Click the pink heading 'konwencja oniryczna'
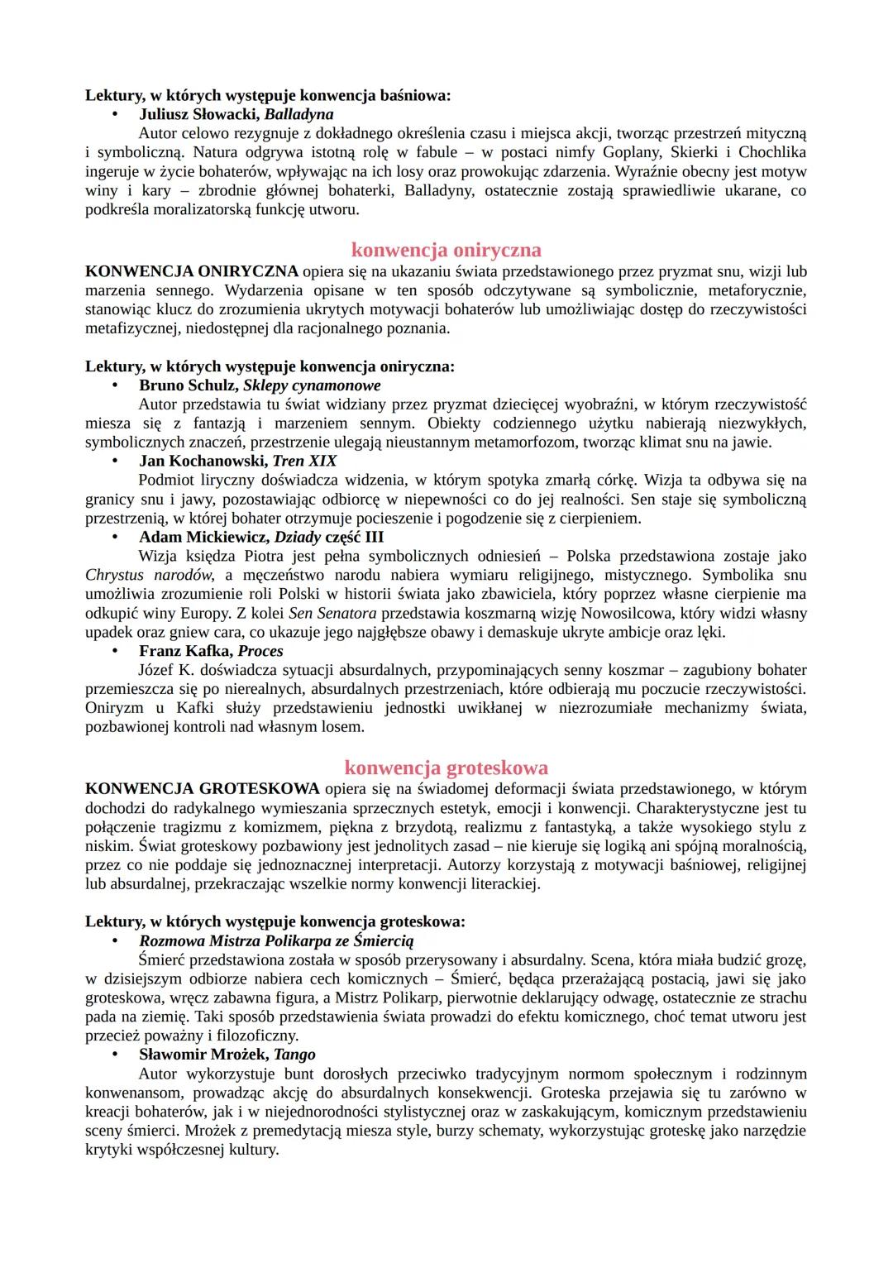pyautogui.click(x=446, y=250)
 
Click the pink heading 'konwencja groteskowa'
pyautogui.click(x=446, y=768)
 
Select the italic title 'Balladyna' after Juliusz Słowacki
pyautogui.click(x=298, y=114)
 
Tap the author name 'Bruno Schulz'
pyautogui.click(x=188, y=385)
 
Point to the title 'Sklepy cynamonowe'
pyautogui.click(x=312, y=385)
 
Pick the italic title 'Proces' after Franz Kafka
pyautogui.click(x=260, y=651)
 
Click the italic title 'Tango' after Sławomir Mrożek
pyautogui.click(x=294, y=1055)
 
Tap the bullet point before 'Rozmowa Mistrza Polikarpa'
pyautogui.click(x=117, y=941)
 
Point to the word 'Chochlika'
pyautogui.click(x=771, y=152)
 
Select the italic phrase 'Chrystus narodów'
pyautogui.click(x=149, y=575)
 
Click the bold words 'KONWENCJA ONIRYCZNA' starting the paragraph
pyautogui.click(x=192, y=271)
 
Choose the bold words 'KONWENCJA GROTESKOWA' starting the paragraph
pyautogui.click(x=203, y=788)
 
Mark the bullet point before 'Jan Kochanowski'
pyautogui.click(x=117, y=462)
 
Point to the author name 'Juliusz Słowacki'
pyautogui.click(x=198, y=114)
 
